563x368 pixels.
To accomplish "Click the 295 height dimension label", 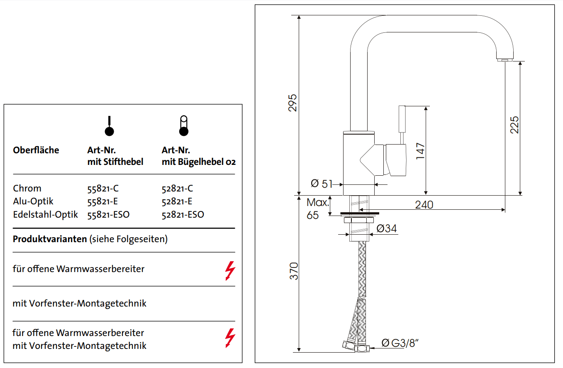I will pos(293,102).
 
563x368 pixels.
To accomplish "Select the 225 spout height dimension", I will pos(514,125).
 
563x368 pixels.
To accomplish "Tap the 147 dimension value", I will pos(420,152).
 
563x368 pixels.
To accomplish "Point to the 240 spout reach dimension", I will pos(424,205).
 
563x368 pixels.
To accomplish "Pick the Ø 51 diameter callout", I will pos(322,183).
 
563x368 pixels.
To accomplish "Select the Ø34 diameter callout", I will pos(386,228).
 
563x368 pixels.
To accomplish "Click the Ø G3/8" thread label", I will pos(397,343).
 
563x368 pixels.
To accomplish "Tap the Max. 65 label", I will pos(318,209).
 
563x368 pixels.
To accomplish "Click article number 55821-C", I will pos(103,189).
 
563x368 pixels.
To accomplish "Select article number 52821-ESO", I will pos(183,215).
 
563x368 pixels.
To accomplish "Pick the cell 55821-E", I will pos(102,201).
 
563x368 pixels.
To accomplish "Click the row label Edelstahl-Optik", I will pos(45,215).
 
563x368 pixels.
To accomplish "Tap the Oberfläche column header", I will pos(36,150).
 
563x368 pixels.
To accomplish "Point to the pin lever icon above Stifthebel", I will pos(109,126).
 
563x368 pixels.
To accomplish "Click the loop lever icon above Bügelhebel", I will pos(183,126).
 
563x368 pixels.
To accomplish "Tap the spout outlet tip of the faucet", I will pos(504,60).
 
